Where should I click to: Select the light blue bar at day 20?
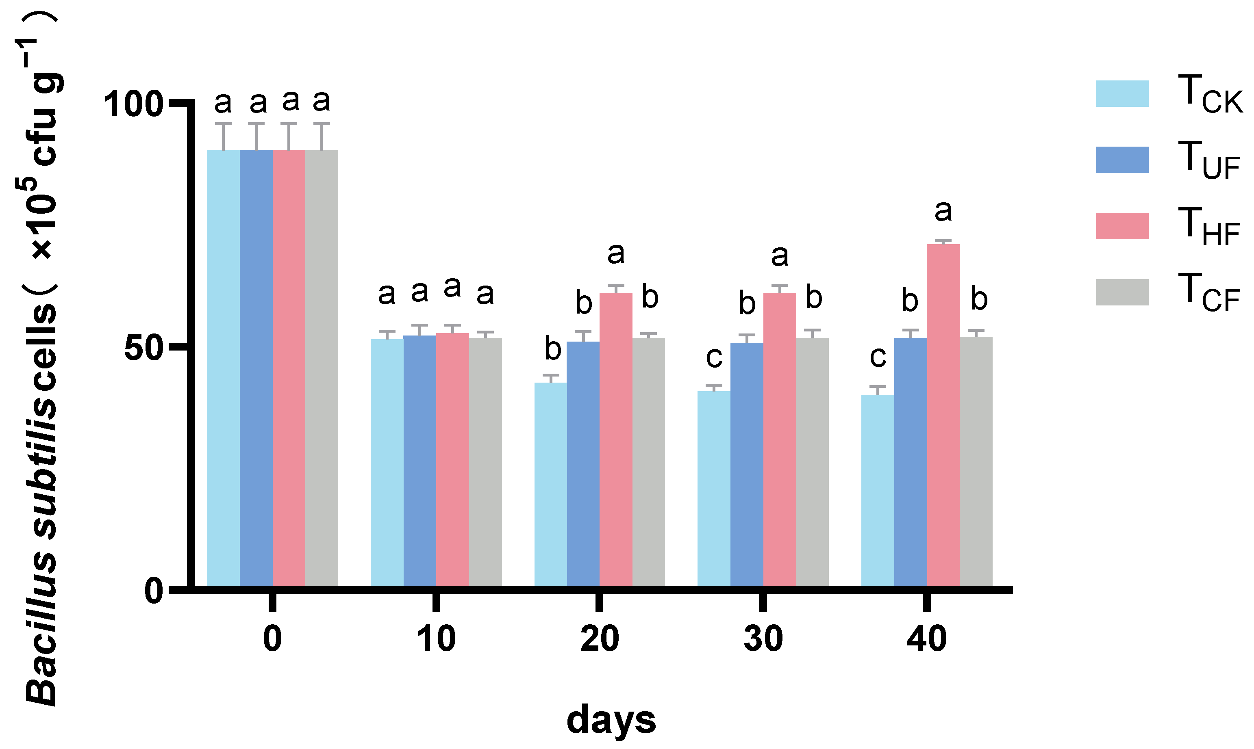tap(550, 485)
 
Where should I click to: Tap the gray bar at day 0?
tap(321, 368)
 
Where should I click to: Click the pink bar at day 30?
tap(779, 439)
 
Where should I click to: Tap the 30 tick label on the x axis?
tap(763, 639)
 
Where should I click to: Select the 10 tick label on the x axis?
tap(436, 639)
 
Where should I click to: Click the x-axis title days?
tap(611, 720)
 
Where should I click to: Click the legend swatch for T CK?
tap(1122, 94)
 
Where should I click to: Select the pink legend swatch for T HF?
tap(1122, 226)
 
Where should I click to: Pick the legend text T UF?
tap(1208, 160)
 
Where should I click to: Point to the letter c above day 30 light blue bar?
tap(714, 357)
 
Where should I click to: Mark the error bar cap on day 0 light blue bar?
tap(223, 123)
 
